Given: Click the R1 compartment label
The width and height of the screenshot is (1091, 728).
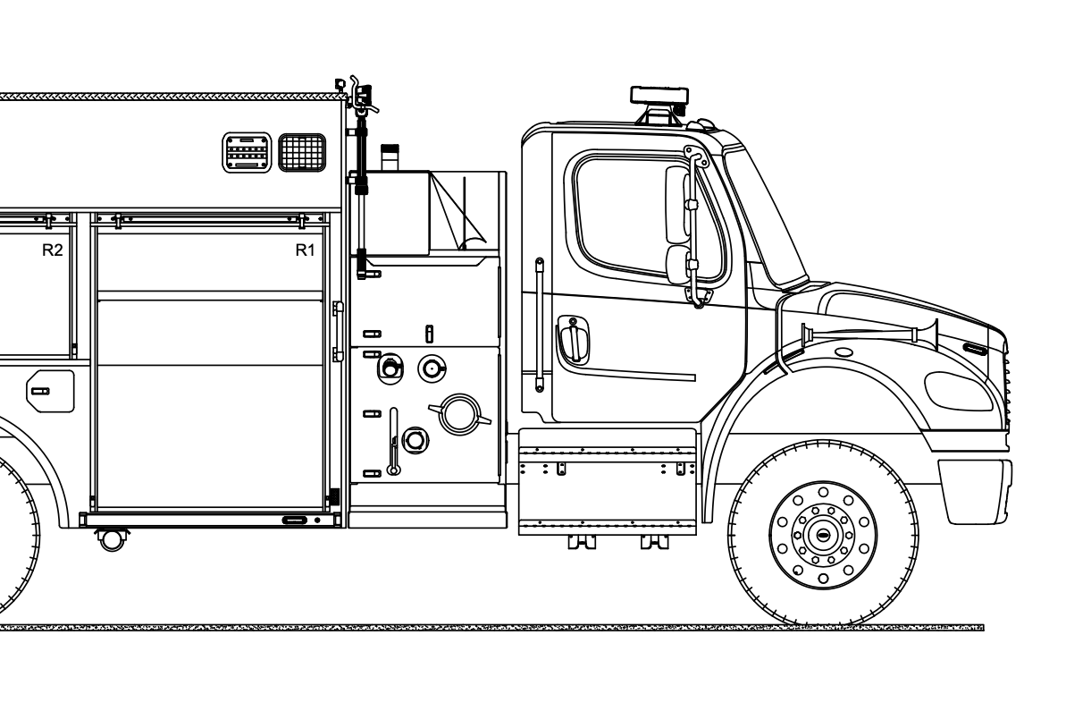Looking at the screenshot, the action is pyautogui.click(x=305, y=250).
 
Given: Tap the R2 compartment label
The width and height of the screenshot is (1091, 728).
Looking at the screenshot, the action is pyautogui.click(x=53, y=250).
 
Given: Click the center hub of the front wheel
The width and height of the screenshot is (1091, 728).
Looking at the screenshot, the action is pyautogui.click(x=823, y=535).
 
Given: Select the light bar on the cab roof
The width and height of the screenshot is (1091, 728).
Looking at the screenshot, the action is pyautogui.click(x=659, y=96).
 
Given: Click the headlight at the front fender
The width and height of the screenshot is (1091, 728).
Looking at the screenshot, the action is pyautogui.click(x=958, y=391).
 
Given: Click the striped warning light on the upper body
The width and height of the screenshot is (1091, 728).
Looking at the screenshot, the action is pyautogui.click(x=246, y=152).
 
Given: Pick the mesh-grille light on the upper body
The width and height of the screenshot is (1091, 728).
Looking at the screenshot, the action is pyautogui.click(x=302, y=152).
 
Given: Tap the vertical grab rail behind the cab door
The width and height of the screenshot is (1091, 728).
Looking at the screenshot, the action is pyautogui.click(x=540, y=324).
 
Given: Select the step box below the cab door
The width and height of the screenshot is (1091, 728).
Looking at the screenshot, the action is pyautogui.click(x=607, y=481).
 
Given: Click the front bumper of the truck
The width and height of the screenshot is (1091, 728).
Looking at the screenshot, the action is pyautogui.click(x=975, y=490).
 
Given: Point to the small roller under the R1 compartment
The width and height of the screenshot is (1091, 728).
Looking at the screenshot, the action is pyautogui.click(x=113, y=539).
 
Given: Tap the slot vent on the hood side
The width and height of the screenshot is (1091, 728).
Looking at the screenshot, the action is pyautogui.click(x=975, y=348).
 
